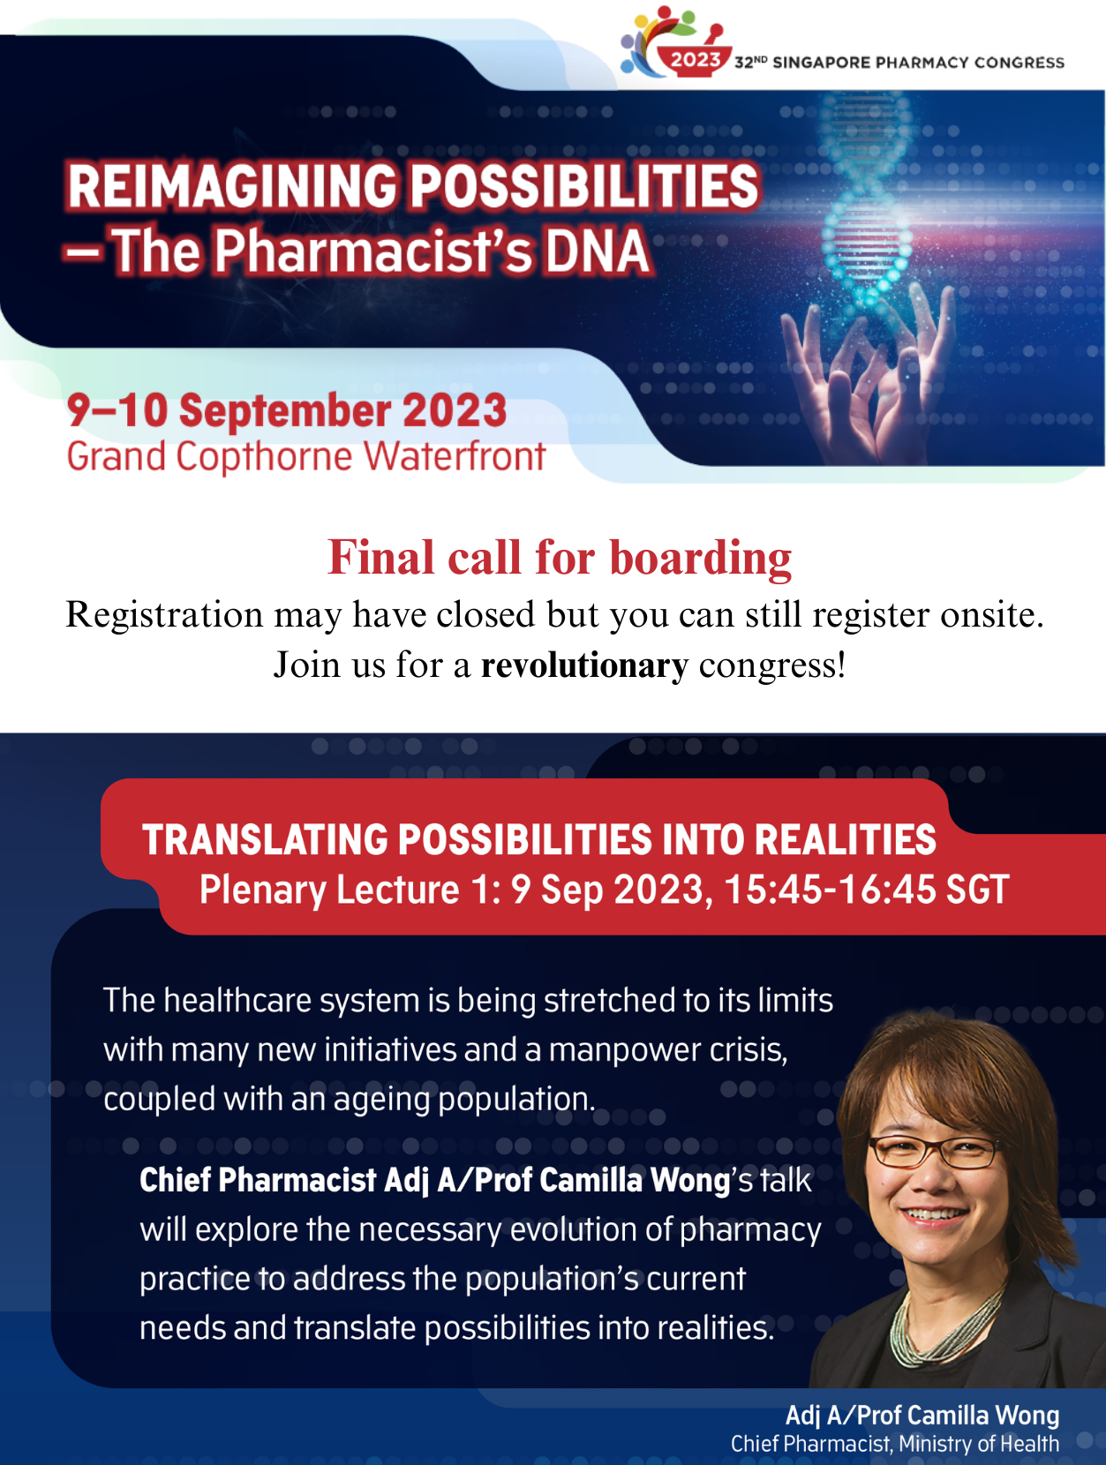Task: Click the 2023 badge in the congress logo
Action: (695, 60)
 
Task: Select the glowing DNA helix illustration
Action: (867, 200)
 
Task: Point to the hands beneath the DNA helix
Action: (868, 374)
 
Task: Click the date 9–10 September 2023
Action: (286, 409)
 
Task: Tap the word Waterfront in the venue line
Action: (455, 456)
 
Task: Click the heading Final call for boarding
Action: (560, 557)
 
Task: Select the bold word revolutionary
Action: (584, 665)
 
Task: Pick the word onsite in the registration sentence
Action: (991, 614)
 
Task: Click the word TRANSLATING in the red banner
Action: (265, 839)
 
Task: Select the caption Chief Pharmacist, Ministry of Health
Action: (895, 1444)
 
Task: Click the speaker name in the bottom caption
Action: (922, 1415)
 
